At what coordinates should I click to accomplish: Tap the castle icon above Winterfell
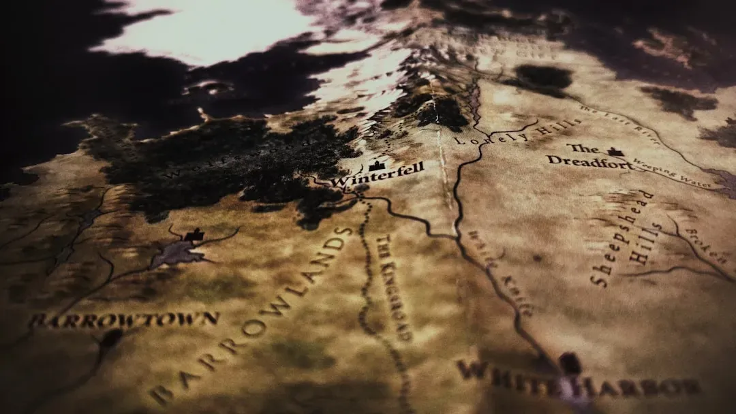pyautogui.click(x=375, y=165)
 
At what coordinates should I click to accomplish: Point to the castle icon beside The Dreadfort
pyautogui.click(x=616, y=152)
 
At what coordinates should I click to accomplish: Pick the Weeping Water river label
pyautogui.click(x=671, y=174)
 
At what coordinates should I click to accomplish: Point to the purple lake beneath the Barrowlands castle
pyautogui.click(x=178, y=253)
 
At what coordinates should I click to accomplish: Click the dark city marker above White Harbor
pyautogui.click(x=570, y=363)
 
